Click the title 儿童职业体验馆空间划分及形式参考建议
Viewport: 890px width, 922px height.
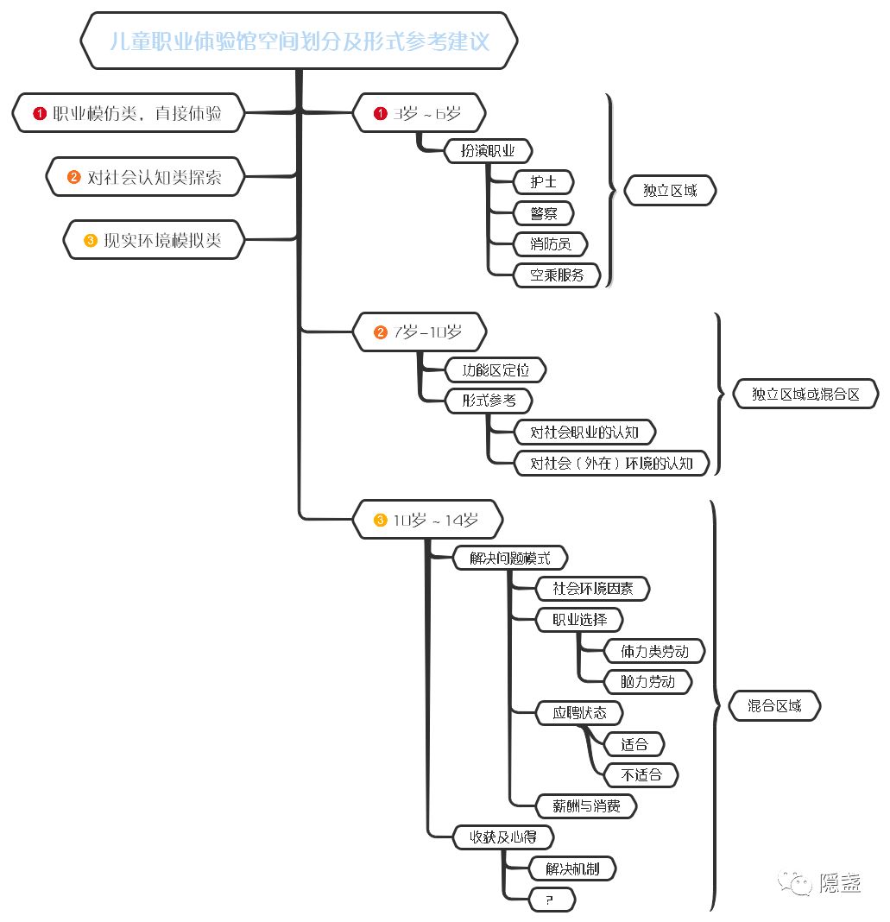299,41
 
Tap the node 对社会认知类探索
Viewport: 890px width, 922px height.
145,177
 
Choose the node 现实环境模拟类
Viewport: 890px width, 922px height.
154,240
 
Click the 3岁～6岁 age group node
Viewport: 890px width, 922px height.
420,113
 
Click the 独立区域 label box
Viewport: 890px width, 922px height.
670,191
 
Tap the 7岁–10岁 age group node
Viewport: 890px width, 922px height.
420,332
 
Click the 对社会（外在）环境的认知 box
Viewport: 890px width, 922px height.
611,463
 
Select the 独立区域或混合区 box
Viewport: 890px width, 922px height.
805,393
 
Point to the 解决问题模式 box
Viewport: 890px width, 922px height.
509,558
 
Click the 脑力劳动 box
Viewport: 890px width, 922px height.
647,681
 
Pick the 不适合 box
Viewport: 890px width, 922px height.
641,774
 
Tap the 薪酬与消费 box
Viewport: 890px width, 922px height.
586,806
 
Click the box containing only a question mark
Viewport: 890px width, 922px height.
551,900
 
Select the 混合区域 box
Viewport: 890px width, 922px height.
773,706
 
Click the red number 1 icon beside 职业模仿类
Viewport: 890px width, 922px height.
39,113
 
